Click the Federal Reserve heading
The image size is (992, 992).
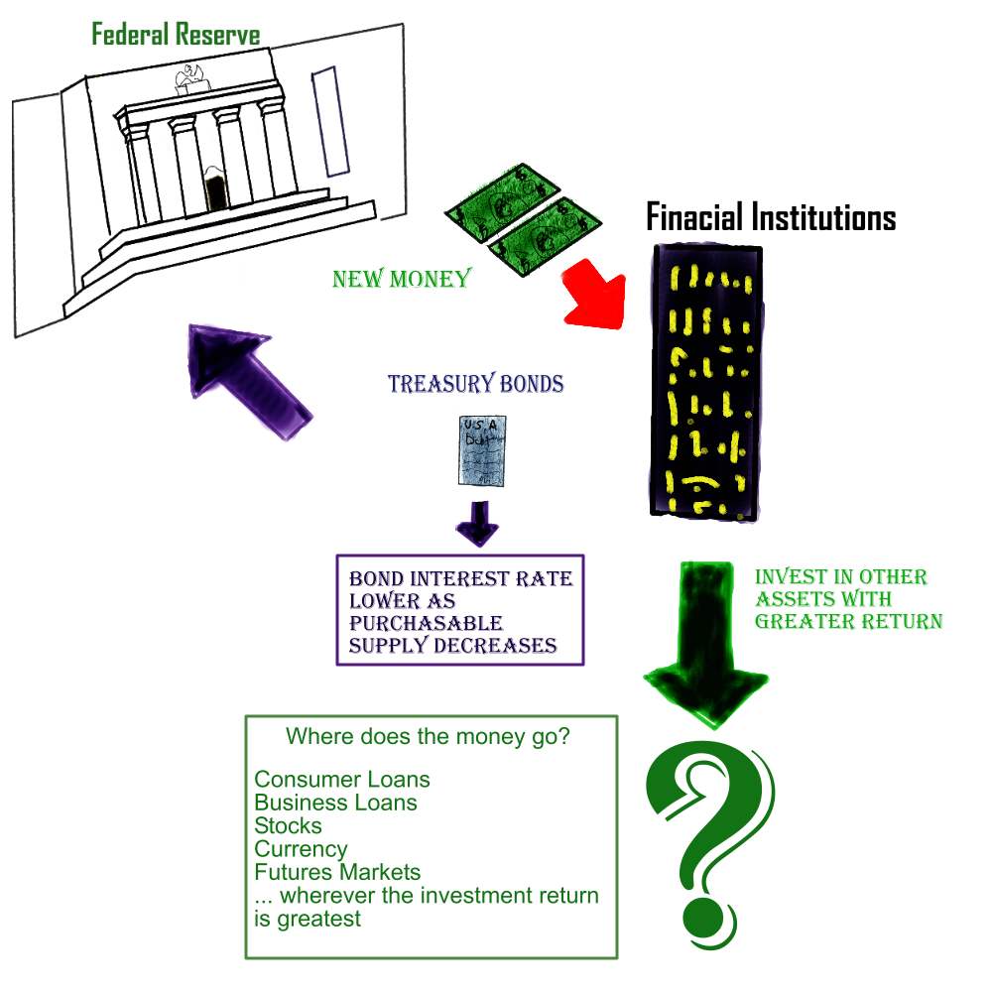pos(176,36)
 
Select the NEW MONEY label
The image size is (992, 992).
pos(401,279)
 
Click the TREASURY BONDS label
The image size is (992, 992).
pos(475,385)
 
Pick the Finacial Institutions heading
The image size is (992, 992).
pos(771,217)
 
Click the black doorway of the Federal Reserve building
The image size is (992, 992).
pos(215,189)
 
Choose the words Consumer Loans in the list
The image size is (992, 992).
pos(342,779)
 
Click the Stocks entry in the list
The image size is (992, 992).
pos(288,825)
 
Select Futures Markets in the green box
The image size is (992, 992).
pos(337,873)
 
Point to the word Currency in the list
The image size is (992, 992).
pos(301,849)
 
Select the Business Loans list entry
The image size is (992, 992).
pos(335,802)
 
